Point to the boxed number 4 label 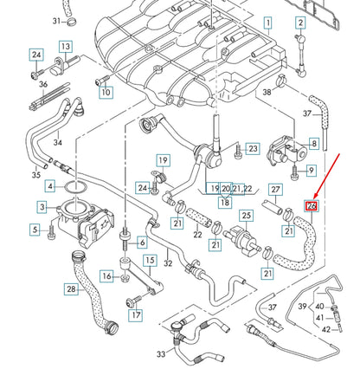[x=49, y=186]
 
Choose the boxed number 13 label [x=66, y=46]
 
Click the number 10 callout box [x=106, y=92]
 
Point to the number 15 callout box [x=149, y=260]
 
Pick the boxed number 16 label [x=106, y=275]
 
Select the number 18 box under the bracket [x=224, y=202]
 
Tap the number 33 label [x=160, y=354]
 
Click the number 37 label [x=306, y=113]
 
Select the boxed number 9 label [x=312, y=171]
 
